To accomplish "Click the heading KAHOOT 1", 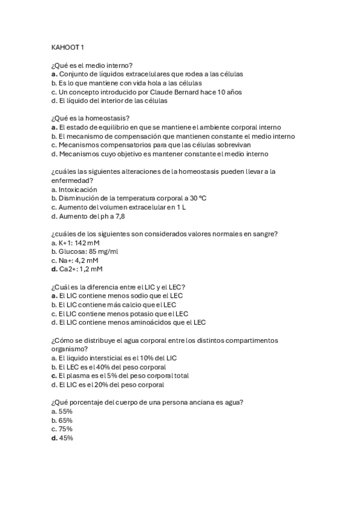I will (x=68, y=47).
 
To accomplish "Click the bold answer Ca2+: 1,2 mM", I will (x=77, y=269).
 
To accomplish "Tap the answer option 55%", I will (x=63, y=411).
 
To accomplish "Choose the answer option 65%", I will (x=63, y=420).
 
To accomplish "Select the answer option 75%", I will (x=63, y=429).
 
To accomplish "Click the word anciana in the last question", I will (x=189, y=402).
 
